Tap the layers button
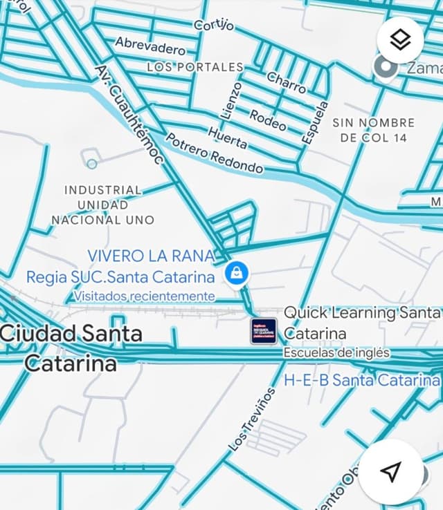(399, 40)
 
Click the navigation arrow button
(390, 471)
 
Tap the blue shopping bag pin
(237, 274)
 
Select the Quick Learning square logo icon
(263, 331)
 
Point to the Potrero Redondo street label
(215, 153)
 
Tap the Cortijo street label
(214, 25)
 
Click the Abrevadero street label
(150, 46)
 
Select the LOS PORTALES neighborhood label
(195, 67)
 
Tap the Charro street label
(287, 83)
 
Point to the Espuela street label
(314, 122)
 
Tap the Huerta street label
(227, 137)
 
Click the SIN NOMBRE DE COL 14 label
(374, 130)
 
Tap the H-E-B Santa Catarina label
(361, 380)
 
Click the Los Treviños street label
(251, 419)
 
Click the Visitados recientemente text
(144, 296)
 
